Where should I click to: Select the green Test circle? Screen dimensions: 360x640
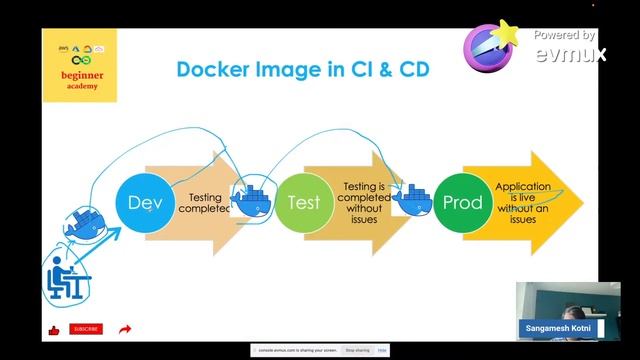[x=303, y=202]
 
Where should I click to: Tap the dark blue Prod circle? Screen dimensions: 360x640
[x=462, y=202]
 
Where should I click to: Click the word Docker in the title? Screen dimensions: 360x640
[x=214, y=69]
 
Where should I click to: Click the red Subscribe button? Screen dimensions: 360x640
[x=86, y=329]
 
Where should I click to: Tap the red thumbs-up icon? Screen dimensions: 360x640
[x=54, y=330]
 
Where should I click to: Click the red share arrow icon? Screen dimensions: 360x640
[x=125, y=329]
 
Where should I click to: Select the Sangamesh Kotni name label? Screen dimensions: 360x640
[x=557, y=328]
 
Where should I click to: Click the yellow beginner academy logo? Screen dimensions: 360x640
[x=80, y=65]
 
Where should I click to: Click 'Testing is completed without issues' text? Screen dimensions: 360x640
[x=364, y=201]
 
